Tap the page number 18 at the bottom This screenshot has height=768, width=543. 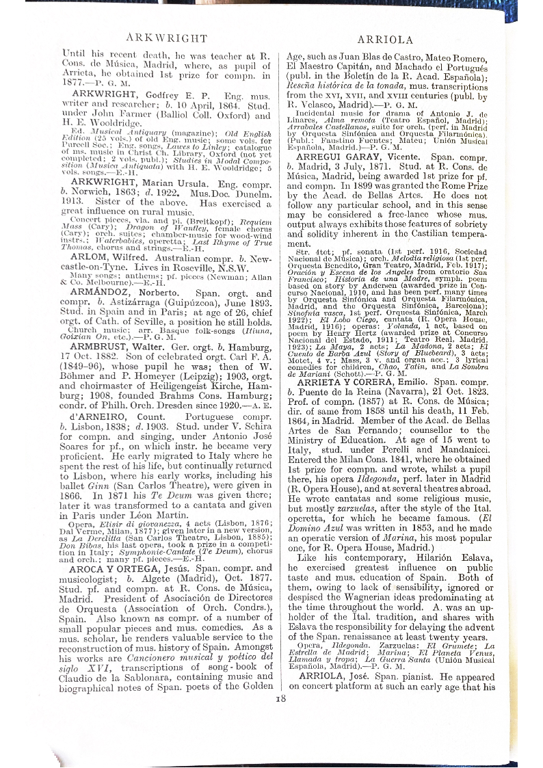(x=280, y=698)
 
